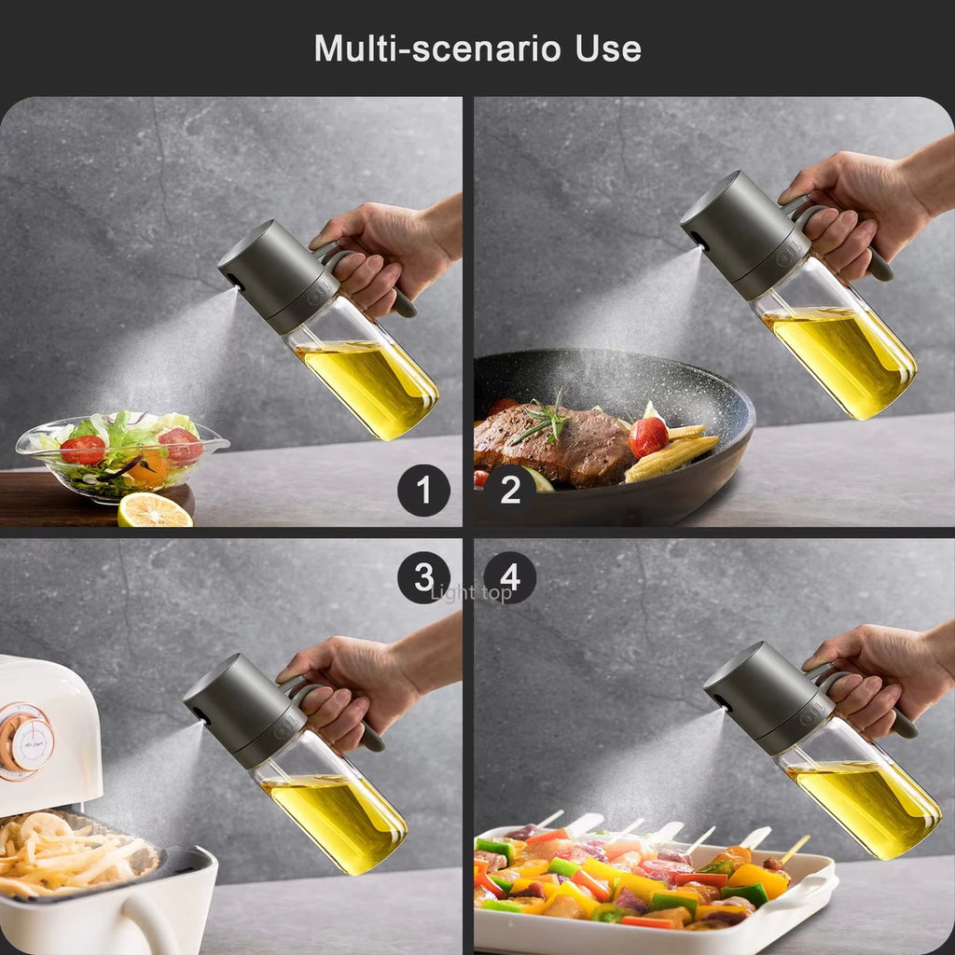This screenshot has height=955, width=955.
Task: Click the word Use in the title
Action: click(607, 48)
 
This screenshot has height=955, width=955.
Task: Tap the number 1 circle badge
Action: click(423, 490)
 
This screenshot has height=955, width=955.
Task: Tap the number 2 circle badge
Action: click(510, 490)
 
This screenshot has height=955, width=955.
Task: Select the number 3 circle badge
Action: click(423, 577)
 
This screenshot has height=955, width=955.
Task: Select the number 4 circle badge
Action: click(510, 577)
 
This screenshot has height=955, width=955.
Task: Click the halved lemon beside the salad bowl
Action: click(154, 510)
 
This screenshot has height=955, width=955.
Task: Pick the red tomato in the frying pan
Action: click(648, 436)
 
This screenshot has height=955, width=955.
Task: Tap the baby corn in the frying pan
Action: click(671, 457)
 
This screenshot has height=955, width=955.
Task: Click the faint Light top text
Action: click(471, 593)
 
